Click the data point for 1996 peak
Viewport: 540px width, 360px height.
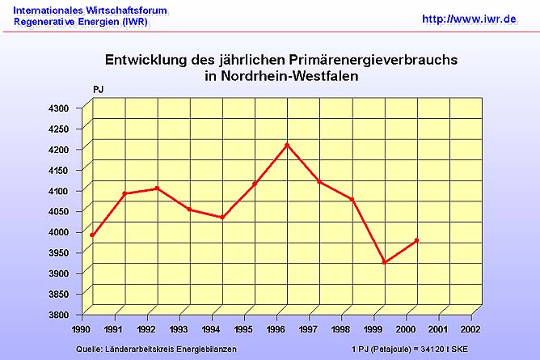pyautogui.click(x=287, y=145)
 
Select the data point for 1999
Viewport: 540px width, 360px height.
pyautogui.click(x=385, y=262)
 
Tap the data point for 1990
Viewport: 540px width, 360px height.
pyautogui.click(x=92, y=235)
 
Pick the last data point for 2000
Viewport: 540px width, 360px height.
pyautogui.click(x=416, y=240)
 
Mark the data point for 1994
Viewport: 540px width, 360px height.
pyautogui.click(x=221, y=218)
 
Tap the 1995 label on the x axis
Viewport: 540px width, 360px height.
pyautogui.click(x=243, y=330)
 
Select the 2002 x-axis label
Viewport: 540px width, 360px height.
pyautogui.click(x=470, y=330)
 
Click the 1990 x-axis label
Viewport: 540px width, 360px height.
pyautogui.click(x=82, y=330)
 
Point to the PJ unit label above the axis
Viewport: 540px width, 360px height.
pyautogui.click(x=99, y=89)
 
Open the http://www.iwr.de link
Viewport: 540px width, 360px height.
pyautogui.click(x=469, y=18)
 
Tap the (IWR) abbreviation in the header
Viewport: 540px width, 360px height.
pyautogui.click(x=134, y=23)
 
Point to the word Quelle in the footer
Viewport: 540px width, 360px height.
pyautogui.click(x=90, y=349)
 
